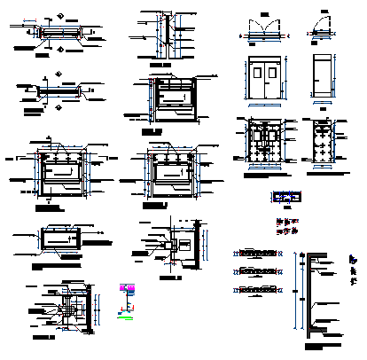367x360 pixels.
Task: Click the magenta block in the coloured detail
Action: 125,289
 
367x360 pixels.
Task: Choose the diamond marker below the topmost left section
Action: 59,51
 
